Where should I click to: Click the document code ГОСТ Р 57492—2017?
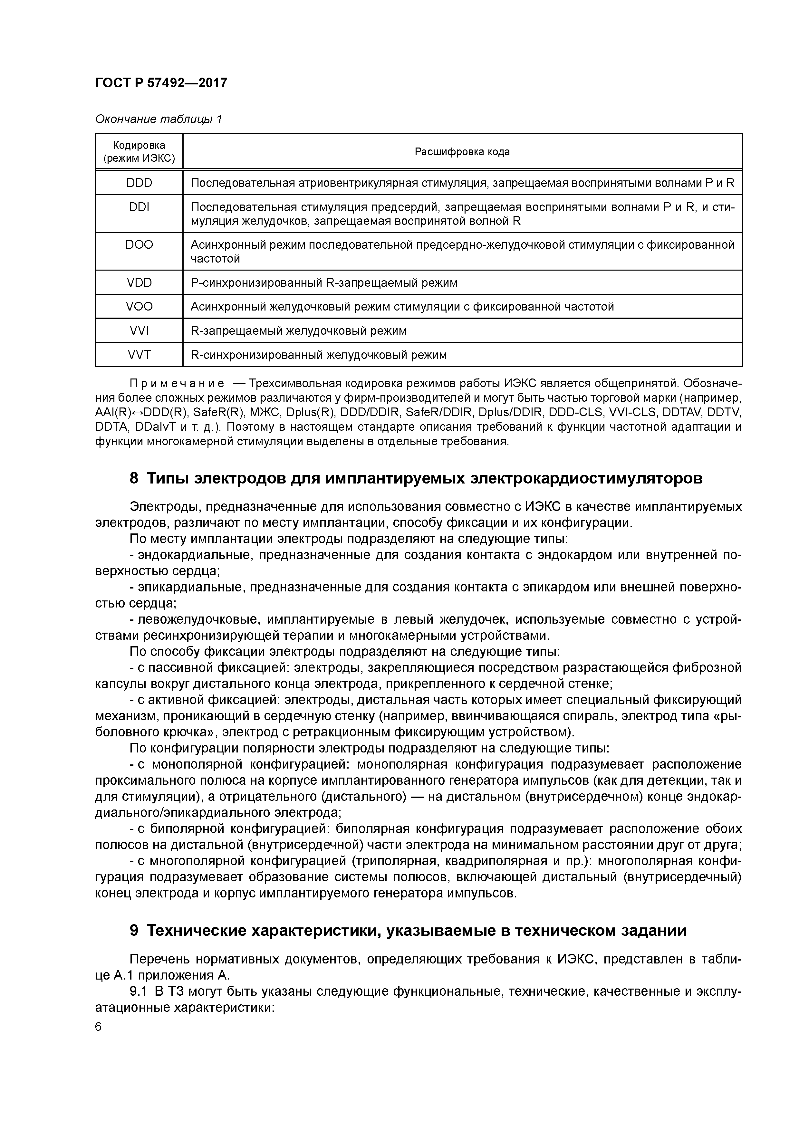(161, 83)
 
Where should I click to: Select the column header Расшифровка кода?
(462, 152)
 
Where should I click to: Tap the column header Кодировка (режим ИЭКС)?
(139, 152)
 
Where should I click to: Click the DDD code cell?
(139, 183)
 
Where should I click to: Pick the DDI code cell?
(139, 207)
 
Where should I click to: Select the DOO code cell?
(139, 244)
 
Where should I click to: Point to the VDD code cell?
(139, 282)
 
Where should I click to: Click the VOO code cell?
(139, 307)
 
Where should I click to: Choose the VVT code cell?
(139, 354)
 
